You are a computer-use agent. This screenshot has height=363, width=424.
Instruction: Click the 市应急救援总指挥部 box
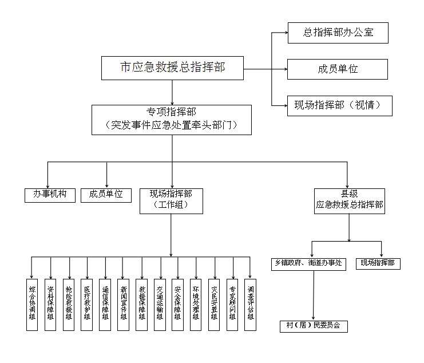(172, 68)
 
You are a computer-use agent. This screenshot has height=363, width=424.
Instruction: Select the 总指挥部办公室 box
(338, 33)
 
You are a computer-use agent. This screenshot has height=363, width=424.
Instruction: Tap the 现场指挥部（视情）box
(339, 105)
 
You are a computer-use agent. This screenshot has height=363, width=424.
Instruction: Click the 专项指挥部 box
(172, 119)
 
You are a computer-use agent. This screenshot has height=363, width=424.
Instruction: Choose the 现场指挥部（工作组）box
(171, 201)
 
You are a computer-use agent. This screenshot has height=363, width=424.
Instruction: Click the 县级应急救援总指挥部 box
(349, 201)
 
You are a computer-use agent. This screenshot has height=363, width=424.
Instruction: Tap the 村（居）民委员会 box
(313, 326)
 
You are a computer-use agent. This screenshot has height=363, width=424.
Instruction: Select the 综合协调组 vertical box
(32, 304)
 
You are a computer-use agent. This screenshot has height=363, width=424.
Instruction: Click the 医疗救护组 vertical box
(87, 304)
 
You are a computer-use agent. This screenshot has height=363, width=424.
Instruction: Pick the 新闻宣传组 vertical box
(124, 304)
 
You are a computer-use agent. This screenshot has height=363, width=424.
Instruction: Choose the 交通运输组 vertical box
(160, 304)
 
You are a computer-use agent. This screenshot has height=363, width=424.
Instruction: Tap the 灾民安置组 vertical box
(215, 304)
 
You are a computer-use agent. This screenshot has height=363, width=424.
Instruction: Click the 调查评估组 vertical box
(250, 304)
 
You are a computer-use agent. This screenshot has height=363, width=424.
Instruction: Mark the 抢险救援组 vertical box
(69, 304)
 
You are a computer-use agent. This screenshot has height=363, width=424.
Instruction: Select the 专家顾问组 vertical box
(232, 304)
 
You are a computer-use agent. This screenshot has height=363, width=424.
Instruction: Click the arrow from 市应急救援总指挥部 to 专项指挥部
(172, 92)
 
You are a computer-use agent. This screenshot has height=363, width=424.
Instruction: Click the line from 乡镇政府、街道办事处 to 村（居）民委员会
(313, 295)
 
